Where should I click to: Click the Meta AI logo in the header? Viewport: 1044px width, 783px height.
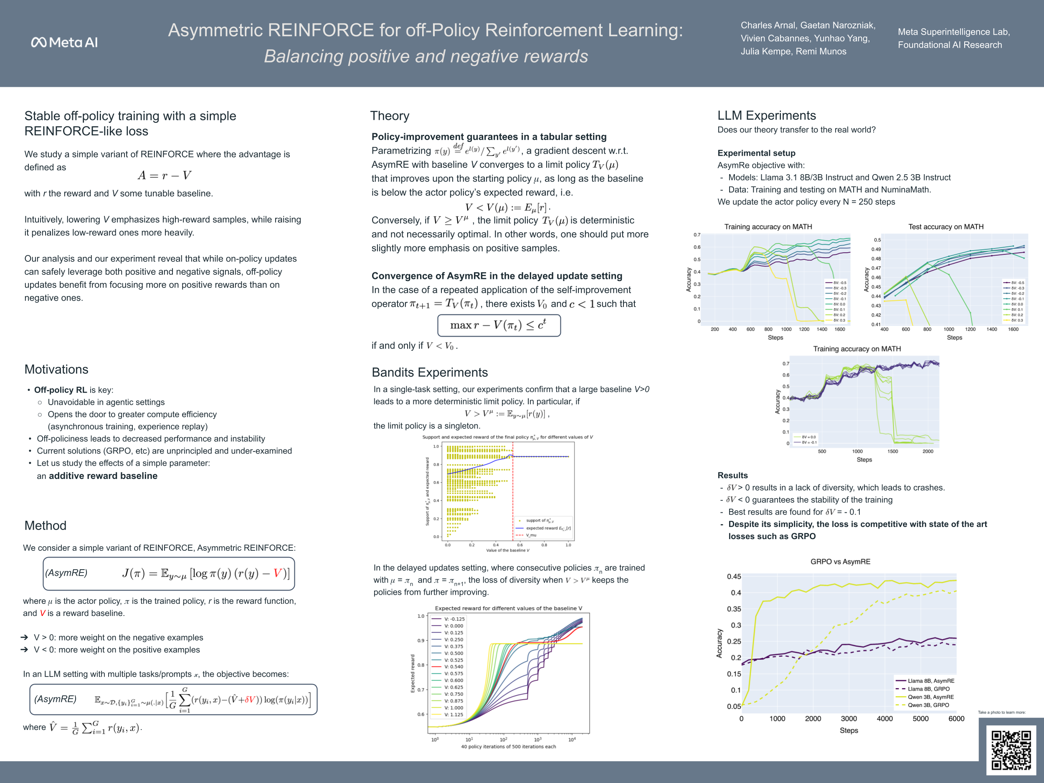64,43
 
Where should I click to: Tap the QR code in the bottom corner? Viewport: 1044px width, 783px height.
1011,750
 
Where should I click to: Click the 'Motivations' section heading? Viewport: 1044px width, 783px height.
56,369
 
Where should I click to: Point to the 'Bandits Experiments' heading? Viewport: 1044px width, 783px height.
429,372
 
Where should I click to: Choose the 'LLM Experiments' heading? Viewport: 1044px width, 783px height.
766,116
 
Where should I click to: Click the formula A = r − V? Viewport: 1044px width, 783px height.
164,175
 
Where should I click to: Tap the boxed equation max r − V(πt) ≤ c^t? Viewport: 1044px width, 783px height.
498,325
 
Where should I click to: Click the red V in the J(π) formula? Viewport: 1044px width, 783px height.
278,573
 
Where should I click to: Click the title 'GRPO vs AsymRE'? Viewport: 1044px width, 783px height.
840,562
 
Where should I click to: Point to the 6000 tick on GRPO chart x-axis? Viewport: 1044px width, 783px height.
956,719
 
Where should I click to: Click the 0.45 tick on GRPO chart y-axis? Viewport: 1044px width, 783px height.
733,577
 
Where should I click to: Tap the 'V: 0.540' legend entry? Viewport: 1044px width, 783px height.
453,667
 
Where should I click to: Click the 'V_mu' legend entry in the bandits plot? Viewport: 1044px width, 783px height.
531,535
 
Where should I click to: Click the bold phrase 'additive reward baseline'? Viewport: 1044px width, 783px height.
103,476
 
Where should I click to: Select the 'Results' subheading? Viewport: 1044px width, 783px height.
732,475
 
